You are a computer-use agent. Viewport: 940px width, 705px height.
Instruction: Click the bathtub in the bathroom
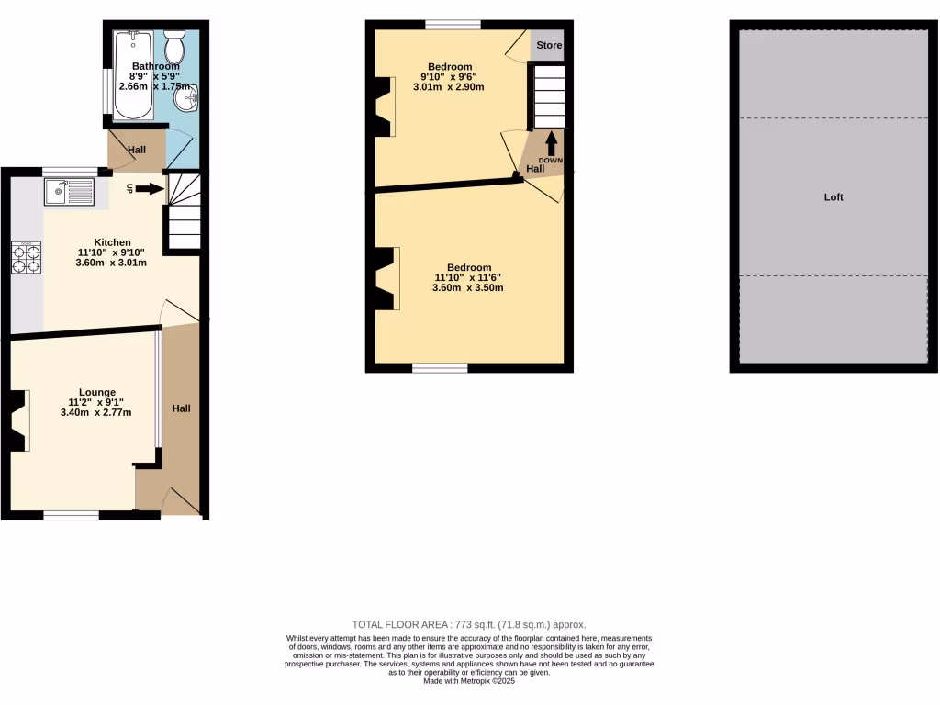134,75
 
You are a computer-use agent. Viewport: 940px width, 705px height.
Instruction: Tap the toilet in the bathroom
174,43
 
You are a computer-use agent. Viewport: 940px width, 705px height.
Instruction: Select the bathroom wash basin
190,97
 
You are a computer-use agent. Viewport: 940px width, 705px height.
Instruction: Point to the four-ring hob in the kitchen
26,258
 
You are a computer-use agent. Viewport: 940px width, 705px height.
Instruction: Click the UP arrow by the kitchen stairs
151,190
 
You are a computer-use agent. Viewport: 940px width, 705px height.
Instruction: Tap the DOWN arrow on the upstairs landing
552,143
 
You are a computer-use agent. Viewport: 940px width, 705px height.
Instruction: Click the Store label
549,45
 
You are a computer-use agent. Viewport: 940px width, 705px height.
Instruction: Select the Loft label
834,197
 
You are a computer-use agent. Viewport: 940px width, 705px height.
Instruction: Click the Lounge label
96,393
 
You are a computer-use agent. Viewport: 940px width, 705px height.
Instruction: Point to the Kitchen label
111,242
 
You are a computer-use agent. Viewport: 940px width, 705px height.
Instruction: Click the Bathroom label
155,66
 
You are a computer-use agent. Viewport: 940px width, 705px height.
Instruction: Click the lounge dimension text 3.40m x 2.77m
96,413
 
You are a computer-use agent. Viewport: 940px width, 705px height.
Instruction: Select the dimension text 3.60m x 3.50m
467,288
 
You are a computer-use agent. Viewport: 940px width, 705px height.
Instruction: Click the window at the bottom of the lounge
72,515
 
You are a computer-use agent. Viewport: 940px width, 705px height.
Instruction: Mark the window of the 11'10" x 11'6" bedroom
440,368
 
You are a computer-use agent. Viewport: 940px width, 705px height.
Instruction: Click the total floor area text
469,624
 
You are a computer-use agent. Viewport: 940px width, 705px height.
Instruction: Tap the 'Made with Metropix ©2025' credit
469,681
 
